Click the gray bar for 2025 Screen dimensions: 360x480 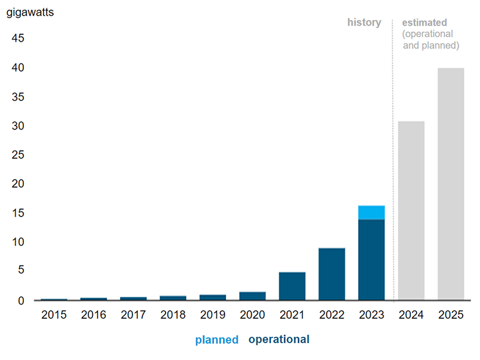(x=450, y=183)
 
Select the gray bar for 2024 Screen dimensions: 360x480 (x=411, y=210)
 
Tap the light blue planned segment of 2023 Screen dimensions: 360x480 (x=371, y=213)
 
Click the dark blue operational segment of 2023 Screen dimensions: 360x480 (x=371, y=260)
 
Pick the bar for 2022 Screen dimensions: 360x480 (x=332, y=274)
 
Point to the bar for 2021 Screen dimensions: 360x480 (x=292, y=286)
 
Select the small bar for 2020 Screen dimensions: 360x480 (x=252, y=296)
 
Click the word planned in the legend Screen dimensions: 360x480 (x=217, y=340)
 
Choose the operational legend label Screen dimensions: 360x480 (x=279, y=339)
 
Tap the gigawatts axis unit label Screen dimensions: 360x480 (x=30, y=12)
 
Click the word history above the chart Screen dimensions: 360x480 (x=364, y=23)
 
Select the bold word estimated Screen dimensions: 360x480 (x=425, y=23)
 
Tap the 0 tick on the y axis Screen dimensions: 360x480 (x=21, y=300)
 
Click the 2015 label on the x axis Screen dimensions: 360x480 (x=54, y=315)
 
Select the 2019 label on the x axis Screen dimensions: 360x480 (x=213, y=315)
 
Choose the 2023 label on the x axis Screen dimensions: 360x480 (x=371, y=315)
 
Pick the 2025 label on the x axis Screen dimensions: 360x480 (x=450, y=315)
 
